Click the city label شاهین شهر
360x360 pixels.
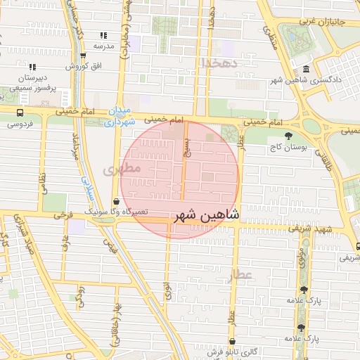tap(206, 214)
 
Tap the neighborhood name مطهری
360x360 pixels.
tap(122, 169)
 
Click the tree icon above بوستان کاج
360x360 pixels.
tap(288, 136)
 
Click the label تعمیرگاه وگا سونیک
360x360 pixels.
tap(115, 212)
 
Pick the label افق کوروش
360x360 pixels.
tap(82, 66)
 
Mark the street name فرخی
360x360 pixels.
tap(65, 214)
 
